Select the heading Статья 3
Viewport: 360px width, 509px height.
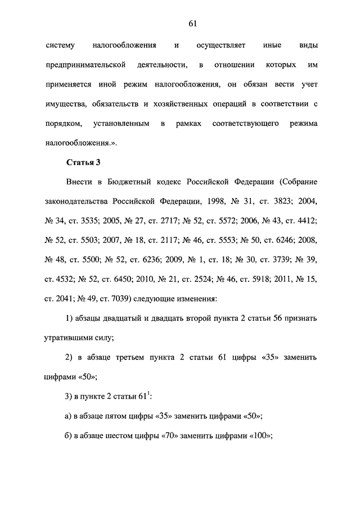pyautogui.click(x=83, y=163)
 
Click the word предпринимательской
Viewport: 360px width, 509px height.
pyautogui.click(x=85, y=65)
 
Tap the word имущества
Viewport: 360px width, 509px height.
pyautogui.click(x=64, y=104)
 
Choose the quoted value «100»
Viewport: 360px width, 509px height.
pyautogui.click(x=260, y=435)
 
